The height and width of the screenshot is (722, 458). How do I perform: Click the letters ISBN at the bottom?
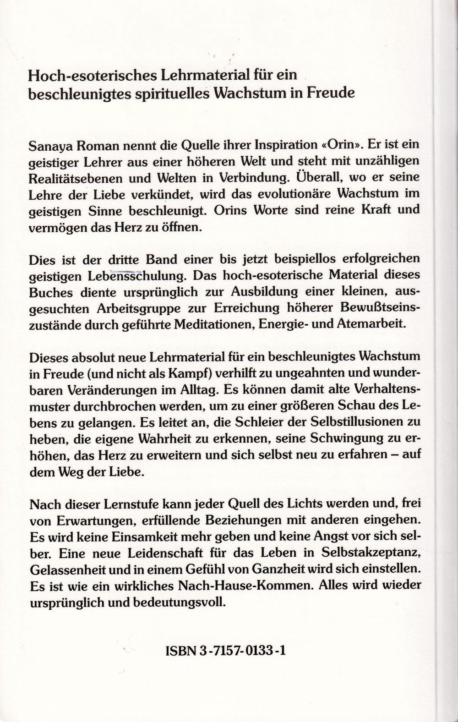(x=178, y=651)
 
